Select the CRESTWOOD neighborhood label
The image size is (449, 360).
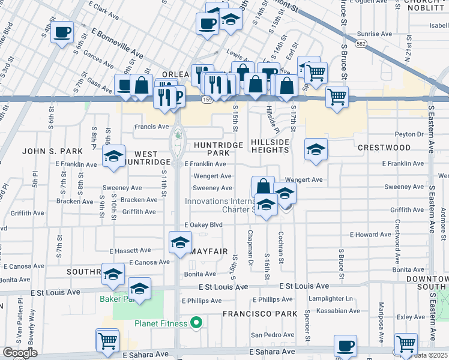pos(384,147)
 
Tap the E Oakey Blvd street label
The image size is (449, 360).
pos(203,225)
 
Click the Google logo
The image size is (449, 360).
pos(20,352)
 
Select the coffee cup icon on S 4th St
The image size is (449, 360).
pos(62,33)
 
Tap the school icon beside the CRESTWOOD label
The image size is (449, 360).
pos(316,149)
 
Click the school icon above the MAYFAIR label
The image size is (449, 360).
pos(180,242)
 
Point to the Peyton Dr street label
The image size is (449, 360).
pos(409,134)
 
